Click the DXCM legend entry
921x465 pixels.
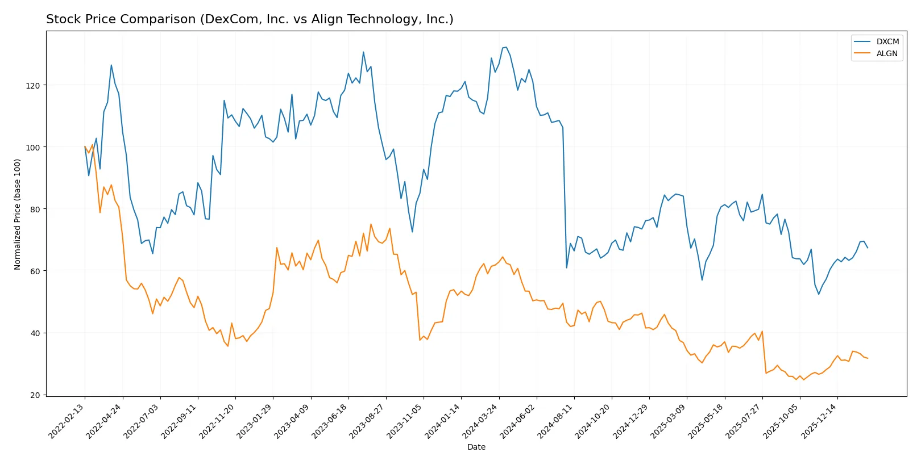[887, 41]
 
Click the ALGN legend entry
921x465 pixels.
[886, 53]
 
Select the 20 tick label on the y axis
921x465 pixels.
[35, 395]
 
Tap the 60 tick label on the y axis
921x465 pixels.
[35, 271]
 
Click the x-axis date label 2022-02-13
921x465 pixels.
[67, 421]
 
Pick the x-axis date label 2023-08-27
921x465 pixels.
[368, 421]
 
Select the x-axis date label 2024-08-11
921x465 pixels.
[556, 421]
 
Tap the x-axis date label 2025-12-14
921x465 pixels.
[819, 421]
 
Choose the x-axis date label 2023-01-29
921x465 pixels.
[255, 421]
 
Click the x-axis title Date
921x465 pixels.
[476, 447]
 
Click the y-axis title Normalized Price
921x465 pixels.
[18, 214]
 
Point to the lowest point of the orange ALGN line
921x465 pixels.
[803, 379]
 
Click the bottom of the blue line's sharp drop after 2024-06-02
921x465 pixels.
[567, 267]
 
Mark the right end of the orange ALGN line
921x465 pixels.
[868, 358]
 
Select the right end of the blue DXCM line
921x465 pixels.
[868, 248]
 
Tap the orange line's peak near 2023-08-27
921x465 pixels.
[371, 224]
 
